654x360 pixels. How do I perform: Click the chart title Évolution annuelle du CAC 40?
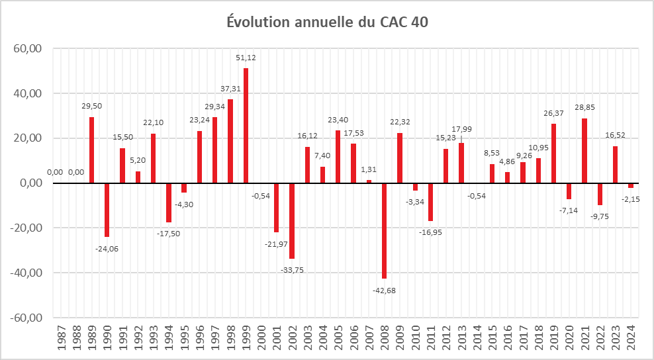(x=327, y=22)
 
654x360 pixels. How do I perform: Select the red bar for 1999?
(x=246, y=126)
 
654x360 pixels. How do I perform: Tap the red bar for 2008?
(x=384, y=231)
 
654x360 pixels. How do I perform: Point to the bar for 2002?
(x=292, y=221)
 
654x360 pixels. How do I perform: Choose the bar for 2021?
(x=584, y=151)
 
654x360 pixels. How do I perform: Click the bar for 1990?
(x=107, y=210)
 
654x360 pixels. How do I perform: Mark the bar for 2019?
(x=553, y=154)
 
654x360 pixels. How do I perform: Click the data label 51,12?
(x=246, y=58)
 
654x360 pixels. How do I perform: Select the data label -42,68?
(x=384, y=291)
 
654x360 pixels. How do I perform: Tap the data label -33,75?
(x=292, y=270)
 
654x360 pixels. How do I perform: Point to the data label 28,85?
(x=584, y=108)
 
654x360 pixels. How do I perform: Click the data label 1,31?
(x=369, y=169)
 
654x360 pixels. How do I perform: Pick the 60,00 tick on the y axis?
(x=28, y=49)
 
